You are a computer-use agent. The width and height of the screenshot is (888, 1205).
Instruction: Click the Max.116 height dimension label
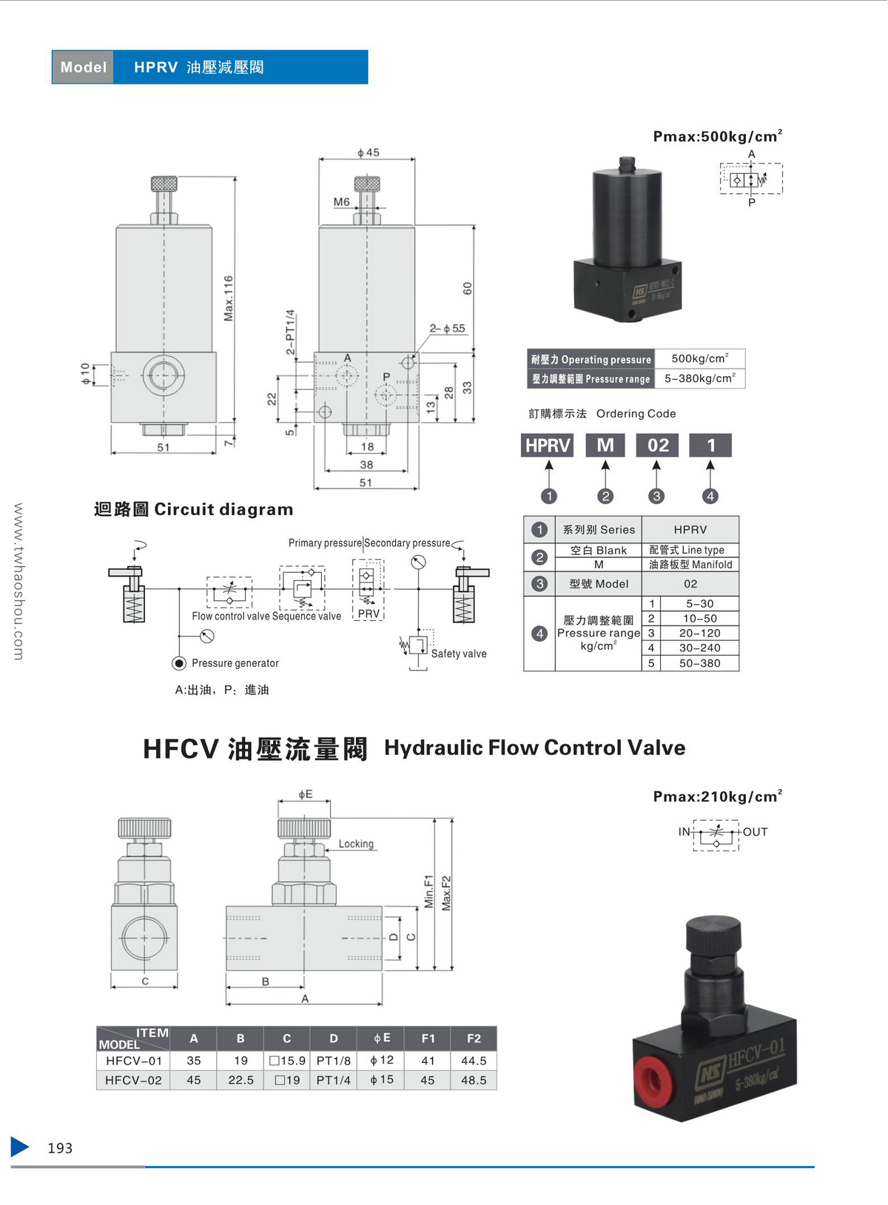coord(229,298)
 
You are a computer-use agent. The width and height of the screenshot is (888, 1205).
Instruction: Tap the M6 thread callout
coord(341,201)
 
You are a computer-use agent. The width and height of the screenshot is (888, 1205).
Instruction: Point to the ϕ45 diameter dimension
coord(368,152)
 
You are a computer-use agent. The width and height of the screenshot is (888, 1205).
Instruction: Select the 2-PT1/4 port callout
coord(290,332)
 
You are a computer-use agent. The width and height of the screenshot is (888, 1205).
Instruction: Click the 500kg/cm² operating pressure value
coord(699,358)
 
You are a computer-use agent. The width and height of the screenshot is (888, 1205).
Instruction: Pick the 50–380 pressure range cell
coord(699,663)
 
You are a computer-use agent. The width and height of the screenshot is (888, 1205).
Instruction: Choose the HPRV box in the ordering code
coord(548,445)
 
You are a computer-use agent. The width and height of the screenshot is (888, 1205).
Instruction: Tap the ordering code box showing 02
coord(657,445)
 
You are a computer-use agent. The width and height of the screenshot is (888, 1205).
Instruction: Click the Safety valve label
coord(459,654)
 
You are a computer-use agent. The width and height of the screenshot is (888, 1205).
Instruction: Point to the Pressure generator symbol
coord(179,663)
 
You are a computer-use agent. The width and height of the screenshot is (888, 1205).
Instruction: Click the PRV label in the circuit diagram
coord(369,614)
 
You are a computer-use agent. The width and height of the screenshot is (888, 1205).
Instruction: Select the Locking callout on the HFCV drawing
coord(356,844)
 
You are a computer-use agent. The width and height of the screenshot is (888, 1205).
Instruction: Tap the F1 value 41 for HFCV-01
coord(428,1061)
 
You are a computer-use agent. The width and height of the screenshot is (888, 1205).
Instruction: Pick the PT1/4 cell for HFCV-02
coord(334,1080)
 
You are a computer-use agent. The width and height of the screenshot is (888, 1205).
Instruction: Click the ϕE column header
coord(382,1038)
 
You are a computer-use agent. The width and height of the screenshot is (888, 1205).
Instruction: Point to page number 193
coord(60,1148)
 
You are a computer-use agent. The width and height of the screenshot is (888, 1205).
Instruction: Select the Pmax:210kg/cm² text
coord(717,796)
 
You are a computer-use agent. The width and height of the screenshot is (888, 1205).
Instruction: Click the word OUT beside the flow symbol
coord(756,832)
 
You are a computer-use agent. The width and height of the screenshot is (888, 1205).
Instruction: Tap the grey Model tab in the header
coord(83,67)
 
